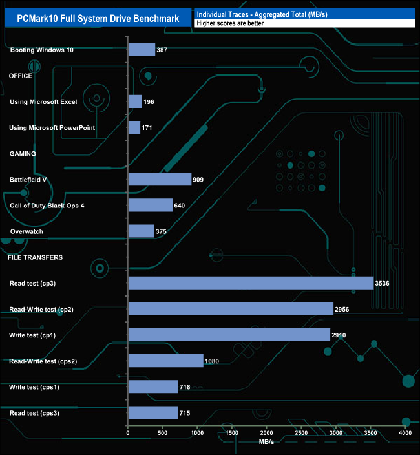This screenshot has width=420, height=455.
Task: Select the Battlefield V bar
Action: click(x=160, y=179)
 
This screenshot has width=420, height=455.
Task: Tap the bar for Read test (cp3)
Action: click(x=251, y=283)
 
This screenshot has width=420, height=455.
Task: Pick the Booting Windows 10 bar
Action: click(x=142, y=50)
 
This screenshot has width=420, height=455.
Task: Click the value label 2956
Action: click(x=342, y=310)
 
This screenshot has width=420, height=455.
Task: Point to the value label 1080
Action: click(x=213, y=361)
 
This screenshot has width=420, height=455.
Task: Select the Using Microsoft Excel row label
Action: click(x=43, y=102)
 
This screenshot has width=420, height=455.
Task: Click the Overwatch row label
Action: click(x=27, y=231)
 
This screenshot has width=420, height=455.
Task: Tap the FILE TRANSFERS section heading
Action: click(x=35, y=257)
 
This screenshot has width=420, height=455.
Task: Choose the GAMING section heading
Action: click(x=22, y=154)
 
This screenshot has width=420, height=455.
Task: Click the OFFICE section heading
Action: click(x=21, y=76)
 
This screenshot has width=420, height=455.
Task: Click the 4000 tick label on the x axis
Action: click(x=405, y=433)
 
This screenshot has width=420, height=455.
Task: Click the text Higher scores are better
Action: click(x=231, y=23)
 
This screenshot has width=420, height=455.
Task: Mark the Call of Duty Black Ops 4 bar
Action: click(x=151, y=206)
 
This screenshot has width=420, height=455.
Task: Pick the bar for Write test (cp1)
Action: click(x=229, y=335)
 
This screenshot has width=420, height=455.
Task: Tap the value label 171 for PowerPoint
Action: click(x=147, y=128)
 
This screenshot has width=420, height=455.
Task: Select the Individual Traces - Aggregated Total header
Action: click(x=262, y=14)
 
